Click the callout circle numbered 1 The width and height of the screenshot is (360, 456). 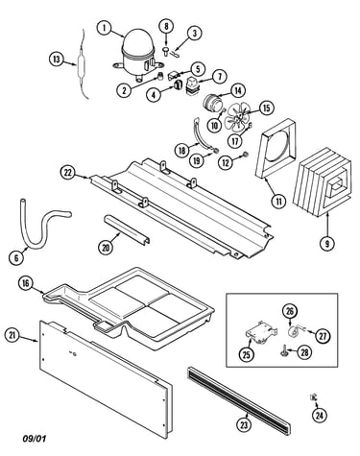coord(105,28)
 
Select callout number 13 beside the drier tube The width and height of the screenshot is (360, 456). coord(57,60)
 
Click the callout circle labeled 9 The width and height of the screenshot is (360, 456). coord(327,244)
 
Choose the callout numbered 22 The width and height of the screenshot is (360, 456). coord(68,173)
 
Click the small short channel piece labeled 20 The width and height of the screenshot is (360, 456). coord(127,228)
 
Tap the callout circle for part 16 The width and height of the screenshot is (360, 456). coord(26,283)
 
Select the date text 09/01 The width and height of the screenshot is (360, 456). coord(35,438)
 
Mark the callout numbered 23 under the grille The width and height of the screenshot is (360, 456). coord(244,424)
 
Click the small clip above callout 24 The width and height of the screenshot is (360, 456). coord(313,397)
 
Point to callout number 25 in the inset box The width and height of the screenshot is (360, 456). coord(247,354)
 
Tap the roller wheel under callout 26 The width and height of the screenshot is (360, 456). coord(293,332)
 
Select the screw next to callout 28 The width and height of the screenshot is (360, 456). coord(283,351)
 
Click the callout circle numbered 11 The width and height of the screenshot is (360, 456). coord(279,202)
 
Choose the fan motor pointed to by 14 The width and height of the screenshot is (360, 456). coord(212,103)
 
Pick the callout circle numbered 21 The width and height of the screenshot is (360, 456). coord(12,335)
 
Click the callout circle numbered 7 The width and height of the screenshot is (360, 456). coord(219,77)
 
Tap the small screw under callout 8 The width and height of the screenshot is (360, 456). coord(166,51)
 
